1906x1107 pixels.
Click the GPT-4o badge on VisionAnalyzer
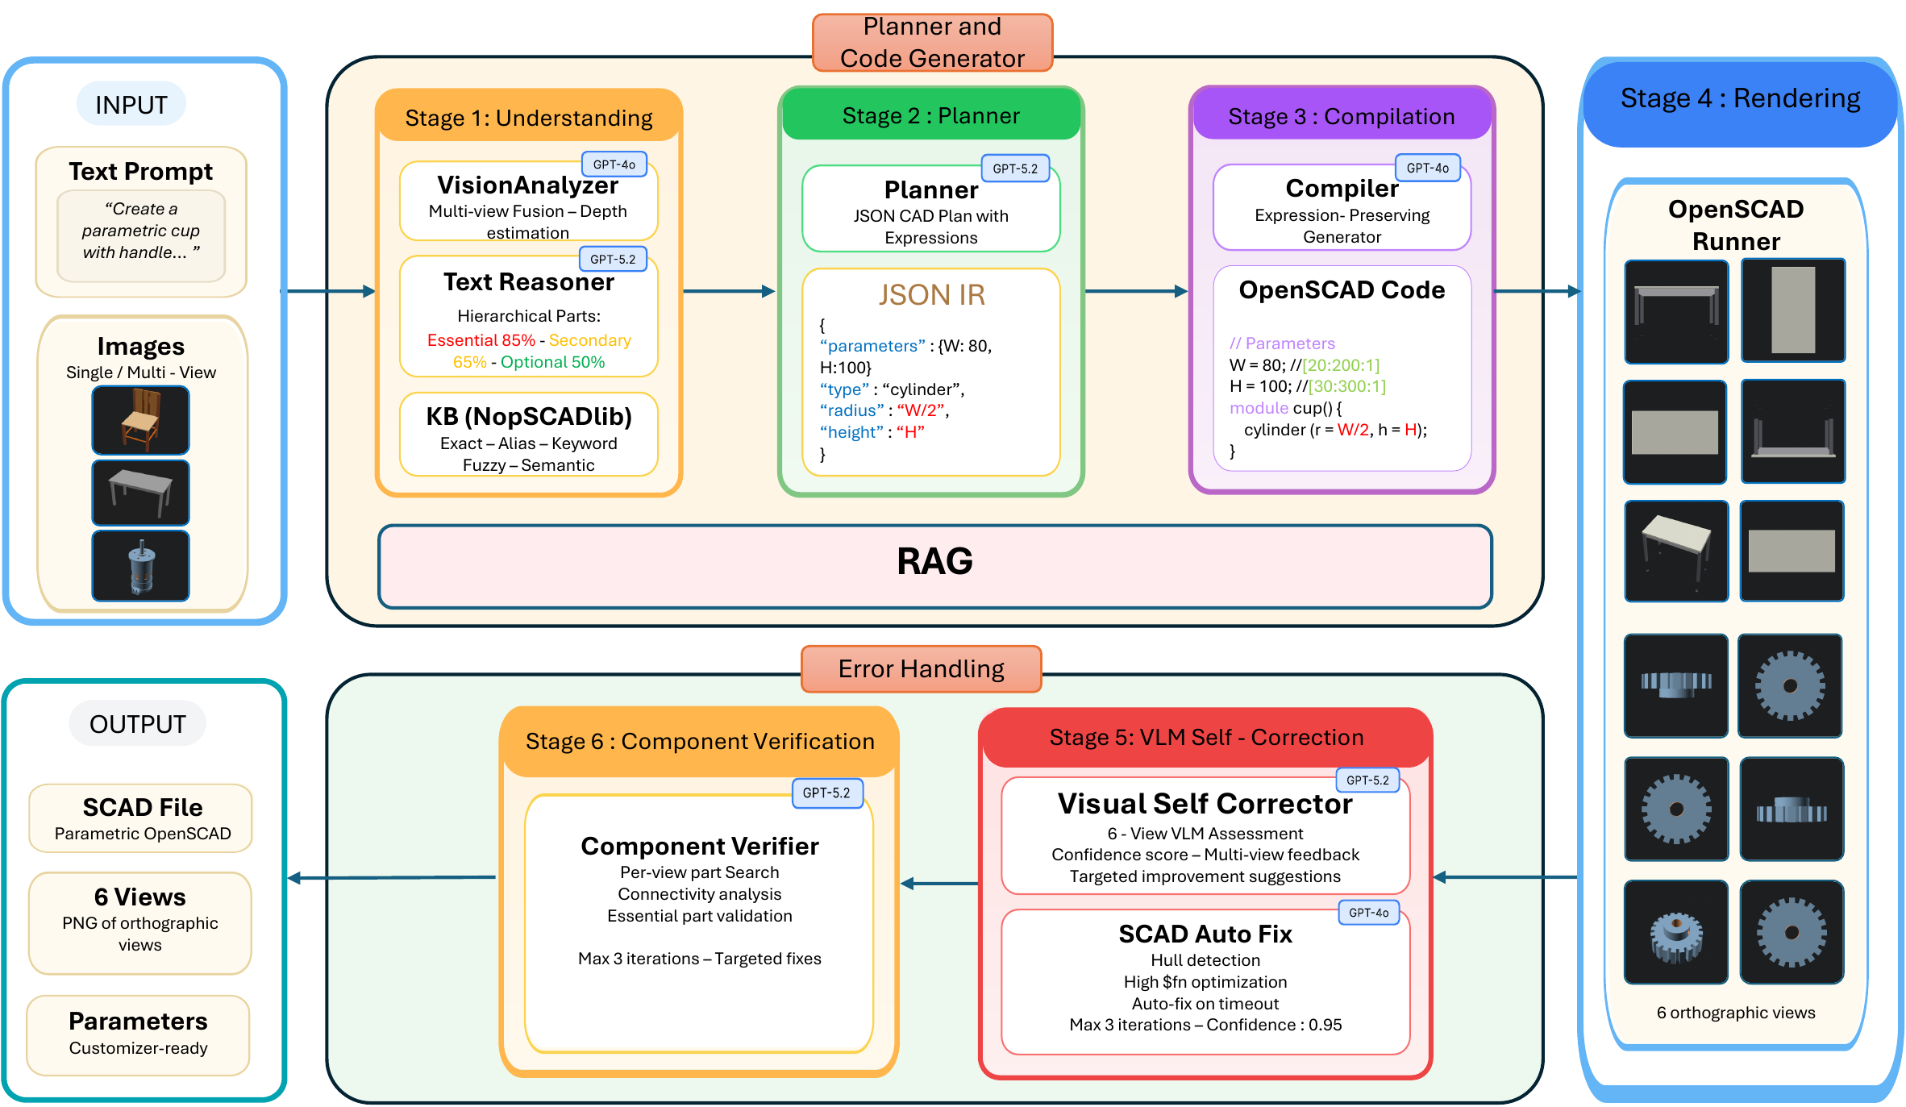click(614, 164)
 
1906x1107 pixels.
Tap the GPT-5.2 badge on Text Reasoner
click(613, 259)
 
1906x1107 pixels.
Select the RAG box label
click(934, 561)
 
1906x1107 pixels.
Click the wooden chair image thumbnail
click(141, 420)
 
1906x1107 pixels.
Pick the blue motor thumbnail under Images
click(141, 565)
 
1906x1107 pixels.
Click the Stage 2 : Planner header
click(931, 115)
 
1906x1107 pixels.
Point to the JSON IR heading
click(932, 295)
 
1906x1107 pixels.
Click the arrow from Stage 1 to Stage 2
click(729, 291)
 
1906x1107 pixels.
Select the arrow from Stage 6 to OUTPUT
click(392, 877)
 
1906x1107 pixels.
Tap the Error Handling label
click(922, 668)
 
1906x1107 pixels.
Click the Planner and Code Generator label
click(933, 43)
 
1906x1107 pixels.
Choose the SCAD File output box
click(141, 818)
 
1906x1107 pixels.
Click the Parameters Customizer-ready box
click(138, 1035)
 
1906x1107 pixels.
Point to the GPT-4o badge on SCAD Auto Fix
click(1369, 913)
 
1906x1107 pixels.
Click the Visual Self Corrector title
click(1205, 804)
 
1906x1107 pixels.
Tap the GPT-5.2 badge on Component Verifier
click(826, 793)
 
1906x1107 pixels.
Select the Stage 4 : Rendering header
click(1740, 98)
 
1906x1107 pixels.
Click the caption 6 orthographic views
click(1736, 1013)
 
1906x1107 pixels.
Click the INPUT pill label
click(131, 105)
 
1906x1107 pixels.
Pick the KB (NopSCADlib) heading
click(529, 416)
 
